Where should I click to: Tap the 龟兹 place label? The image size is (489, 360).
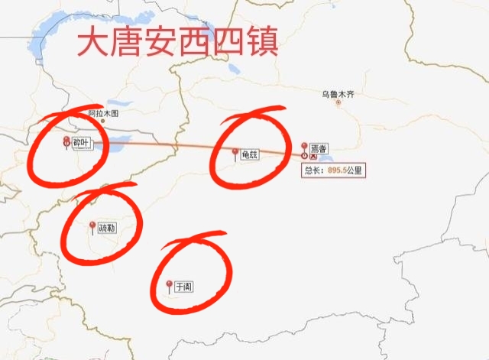coord(250,154)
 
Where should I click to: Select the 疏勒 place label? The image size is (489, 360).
coord(107,228)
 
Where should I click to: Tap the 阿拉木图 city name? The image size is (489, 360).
coord(104,114)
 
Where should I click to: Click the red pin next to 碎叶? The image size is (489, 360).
coord(66,141)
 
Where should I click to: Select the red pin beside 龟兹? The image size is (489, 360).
coord(235,153)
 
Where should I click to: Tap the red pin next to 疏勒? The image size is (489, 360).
coord(92,226)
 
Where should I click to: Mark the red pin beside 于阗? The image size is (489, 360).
coord(169,286)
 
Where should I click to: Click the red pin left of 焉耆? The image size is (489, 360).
coord(305,147)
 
